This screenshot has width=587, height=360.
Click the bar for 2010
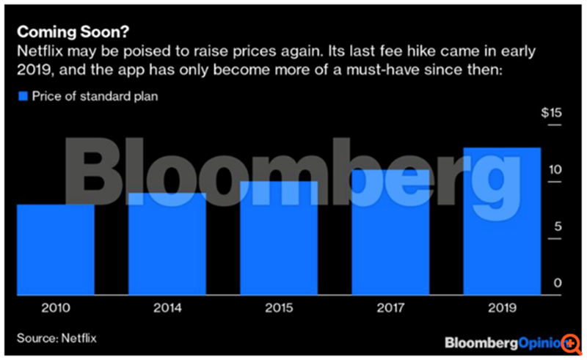tap(56, 249)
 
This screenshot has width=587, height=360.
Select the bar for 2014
tap(168, 243)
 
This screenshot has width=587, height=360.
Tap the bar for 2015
tap(280, 238)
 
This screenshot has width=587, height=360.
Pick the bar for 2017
tap(391, 232)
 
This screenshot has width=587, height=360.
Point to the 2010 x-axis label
tap(56, 308)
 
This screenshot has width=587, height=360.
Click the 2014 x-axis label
tap(168, 308)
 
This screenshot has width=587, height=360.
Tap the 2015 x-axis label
tap(280, 308)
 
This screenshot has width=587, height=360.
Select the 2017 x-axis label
tap(391, 308)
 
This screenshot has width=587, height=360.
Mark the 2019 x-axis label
tap(503, 308)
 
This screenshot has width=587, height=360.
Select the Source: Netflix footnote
tap(56, 338)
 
